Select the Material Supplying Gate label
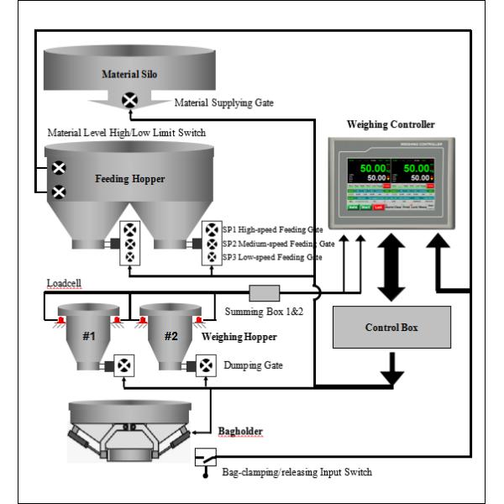pos(223,103)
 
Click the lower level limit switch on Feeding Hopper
pos(59,192)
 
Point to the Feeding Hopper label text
pos(129,179)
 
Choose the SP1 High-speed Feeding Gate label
pos(272,228)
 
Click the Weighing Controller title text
pos(391,124)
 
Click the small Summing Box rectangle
pos(265,293)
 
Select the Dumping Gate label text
pos(252,365)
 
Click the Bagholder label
pos(240,432)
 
